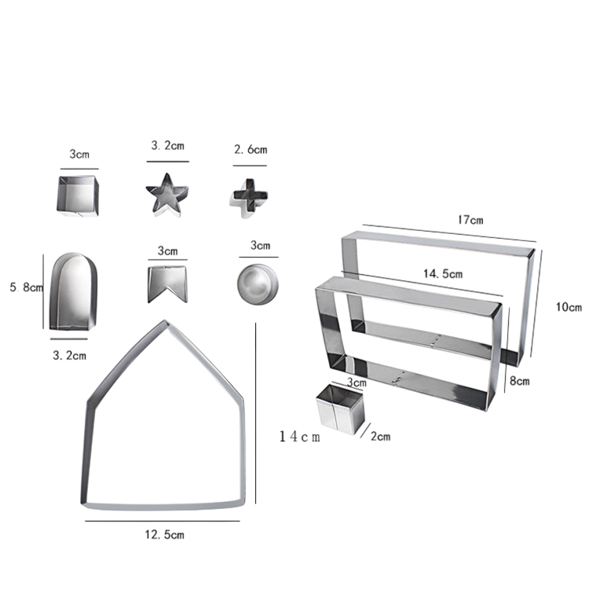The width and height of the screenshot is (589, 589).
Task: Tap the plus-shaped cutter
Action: pyautogui.click(x=249, y=198)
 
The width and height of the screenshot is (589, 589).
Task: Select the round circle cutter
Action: pyautogui.click(x=258, y=284)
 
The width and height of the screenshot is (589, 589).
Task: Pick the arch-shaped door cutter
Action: pyautogui.click(x=73, y=291)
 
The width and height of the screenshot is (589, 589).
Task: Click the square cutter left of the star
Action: pyautogui.click(x=78, y=196)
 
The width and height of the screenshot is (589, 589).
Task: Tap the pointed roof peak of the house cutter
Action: pyautogui.click(x=165, y=321)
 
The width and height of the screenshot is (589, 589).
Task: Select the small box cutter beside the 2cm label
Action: pyautogui.click(x=340, y=409)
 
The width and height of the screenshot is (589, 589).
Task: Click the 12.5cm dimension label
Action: pyautogui.click(x=165, y=535)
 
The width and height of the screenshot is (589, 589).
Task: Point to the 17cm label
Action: pyautogui.click(x=470, y=220)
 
